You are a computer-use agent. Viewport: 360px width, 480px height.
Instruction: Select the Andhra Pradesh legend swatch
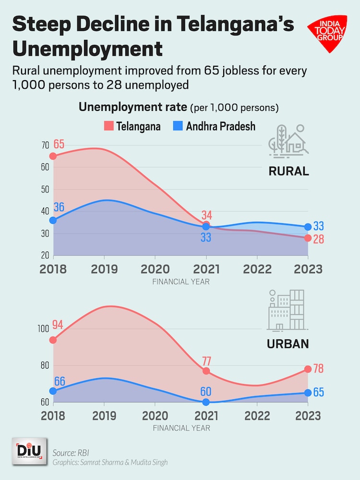178,126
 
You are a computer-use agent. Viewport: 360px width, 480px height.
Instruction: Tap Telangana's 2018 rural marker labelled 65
53,156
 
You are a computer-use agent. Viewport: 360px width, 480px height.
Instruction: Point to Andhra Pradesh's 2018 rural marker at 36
53,220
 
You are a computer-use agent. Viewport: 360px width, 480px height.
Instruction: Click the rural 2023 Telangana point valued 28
308,238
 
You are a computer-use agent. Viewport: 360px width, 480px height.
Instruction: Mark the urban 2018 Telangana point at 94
53,340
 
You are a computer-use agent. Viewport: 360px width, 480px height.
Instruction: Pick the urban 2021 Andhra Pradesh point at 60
206,402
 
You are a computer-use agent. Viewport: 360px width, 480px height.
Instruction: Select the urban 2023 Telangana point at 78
308,369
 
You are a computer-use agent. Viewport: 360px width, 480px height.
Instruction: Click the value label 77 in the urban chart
206,361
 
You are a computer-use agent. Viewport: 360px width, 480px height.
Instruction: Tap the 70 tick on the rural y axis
45,145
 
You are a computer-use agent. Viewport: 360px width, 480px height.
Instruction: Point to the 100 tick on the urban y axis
43,329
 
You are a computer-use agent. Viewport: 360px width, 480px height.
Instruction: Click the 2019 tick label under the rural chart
104,269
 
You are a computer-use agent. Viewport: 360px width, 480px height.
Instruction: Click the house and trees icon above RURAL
288,140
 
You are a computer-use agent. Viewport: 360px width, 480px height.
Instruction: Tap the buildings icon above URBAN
286,311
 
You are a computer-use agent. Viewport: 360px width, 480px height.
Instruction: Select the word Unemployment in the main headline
87,49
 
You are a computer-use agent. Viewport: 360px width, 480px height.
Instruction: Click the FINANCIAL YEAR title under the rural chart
180,282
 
